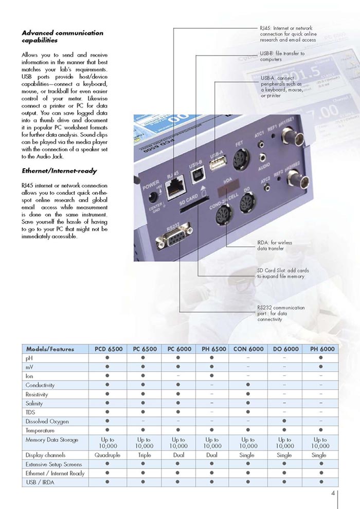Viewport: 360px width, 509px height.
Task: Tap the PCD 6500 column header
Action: point(108,349)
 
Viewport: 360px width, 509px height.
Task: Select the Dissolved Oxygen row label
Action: point(47,422)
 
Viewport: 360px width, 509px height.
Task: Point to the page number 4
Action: point(333,494)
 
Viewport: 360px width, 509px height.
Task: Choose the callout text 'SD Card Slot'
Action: point(283,273)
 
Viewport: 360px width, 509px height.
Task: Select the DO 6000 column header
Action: point(284,349)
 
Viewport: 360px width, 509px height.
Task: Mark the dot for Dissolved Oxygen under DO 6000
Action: point(284,422)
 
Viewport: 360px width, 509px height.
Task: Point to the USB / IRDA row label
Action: point(40,482)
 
